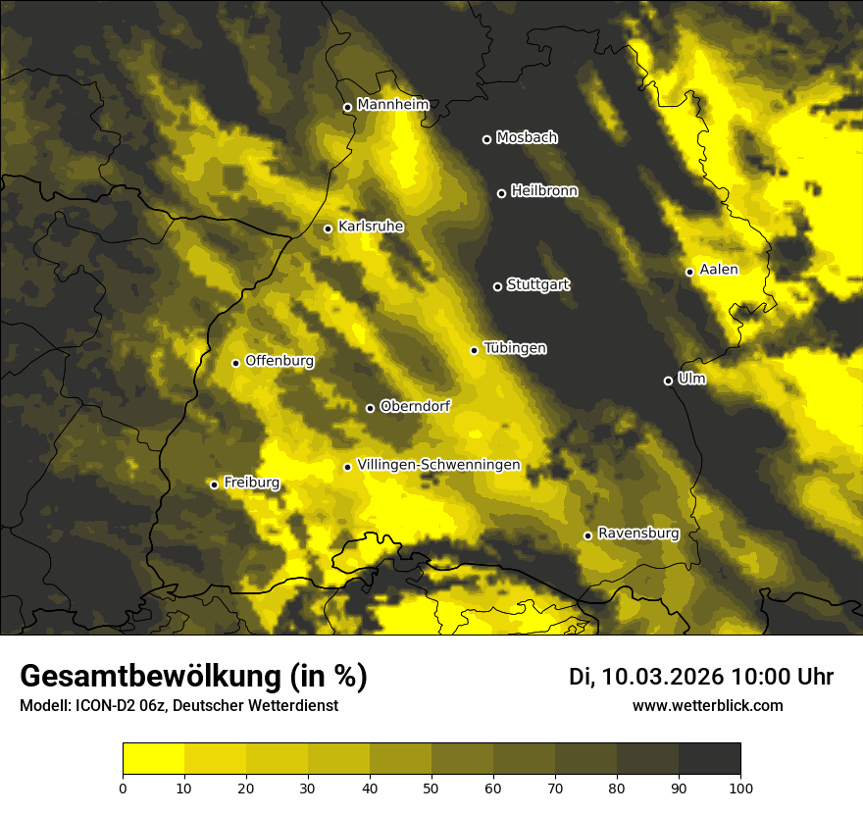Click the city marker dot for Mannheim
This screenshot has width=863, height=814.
coord(347,107)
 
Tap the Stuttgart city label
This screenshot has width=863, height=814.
coord(537,284)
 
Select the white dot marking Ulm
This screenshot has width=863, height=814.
coord(668,381)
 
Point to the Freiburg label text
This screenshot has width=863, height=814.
coord(251,483)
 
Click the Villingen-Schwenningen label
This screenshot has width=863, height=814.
coord(438,465)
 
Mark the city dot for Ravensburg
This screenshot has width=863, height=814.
coord(587,535)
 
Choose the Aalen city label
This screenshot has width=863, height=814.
coord(719,270)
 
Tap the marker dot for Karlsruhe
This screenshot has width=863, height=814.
coord(328,229)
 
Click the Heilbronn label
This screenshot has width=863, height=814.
coord(544,191)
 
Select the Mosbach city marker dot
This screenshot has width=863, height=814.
coord(486,139)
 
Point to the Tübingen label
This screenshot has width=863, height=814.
coord(515,348)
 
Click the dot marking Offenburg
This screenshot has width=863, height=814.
coord(235,363)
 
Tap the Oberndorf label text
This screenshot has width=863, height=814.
coord(415,406)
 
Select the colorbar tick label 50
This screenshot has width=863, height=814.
coord(431,788)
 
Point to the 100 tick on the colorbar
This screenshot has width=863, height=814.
coord(740,788)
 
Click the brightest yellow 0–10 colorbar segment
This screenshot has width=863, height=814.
coord(153,758)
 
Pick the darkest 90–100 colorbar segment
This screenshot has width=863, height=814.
coord(709,758)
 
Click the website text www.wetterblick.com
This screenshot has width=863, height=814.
coord(707,705)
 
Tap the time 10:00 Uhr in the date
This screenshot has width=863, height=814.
coord(782,677)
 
